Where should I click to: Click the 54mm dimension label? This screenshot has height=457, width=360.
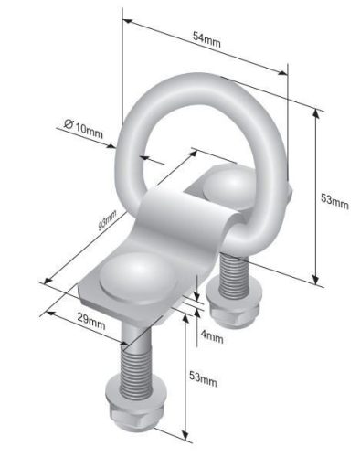click(x=206, y=39)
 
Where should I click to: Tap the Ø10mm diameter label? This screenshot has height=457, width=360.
click(x=84, y=129)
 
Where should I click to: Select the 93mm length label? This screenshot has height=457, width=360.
click(x=108, y=220)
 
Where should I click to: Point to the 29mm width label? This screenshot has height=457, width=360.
click(x=91, y=321)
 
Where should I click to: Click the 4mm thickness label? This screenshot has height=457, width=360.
click(x=212, y=336)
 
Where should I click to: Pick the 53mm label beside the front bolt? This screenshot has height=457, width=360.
click(x=203, y=378)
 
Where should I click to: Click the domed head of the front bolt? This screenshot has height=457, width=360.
click(x=138, y=279)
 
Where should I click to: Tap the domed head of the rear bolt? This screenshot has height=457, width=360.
click(x=229, y=187)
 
